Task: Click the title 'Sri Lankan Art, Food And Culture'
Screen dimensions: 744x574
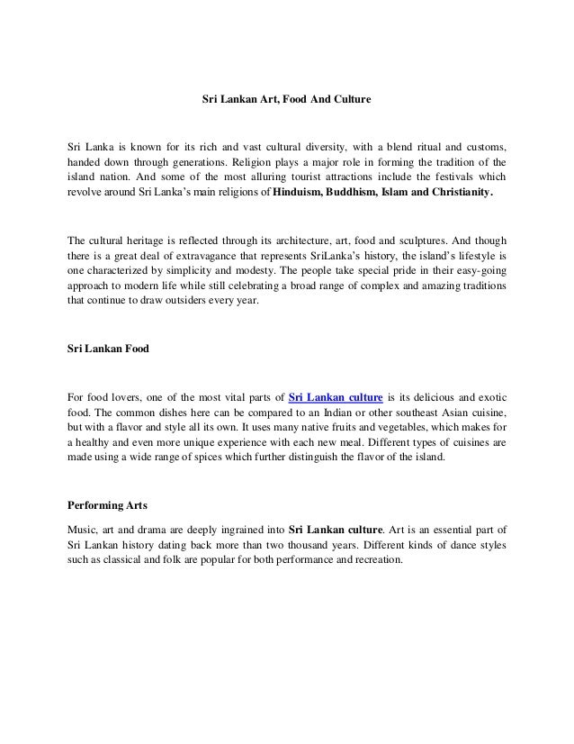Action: (286, 95)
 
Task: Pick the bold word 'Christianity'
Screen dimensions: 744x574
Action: (453, 193)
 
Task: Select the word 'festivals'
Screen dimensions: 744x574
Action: (458, 177)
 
